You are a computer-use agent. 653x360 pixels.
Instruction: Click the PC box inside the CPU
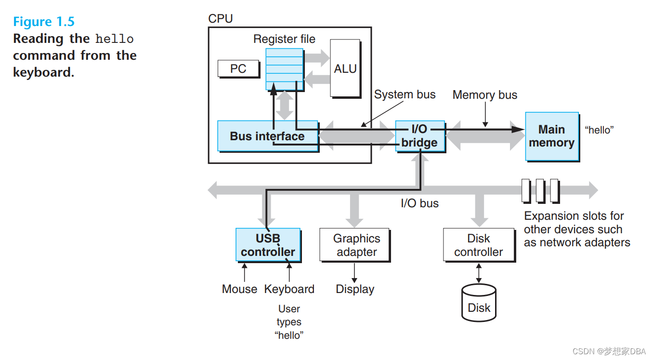pyautogui.click(x=238, y=69)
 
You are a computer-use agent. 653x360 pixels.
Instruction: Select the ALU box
pyautogui.click(x=345, y=68)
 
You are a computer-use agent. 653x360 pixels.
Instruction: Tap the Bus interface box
pyautogui.click(x=267, y=136)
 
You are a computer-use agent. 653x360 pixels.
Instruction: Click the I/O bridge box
pyautogui.click(x=419, y=136)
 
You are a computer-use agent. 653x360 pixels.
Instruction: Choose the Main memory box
pyautogui.click(x=551, y=136)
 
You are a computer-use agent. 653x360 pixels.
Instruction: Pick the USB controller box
pyautogui.click(x=268, y=245)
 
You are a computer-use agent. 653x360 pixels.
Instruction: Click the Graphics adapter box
pyautogui.click(x=356, y=245)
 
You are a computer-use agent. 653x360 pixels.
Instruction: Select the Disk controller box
pyautogui.click(x=478, y=245)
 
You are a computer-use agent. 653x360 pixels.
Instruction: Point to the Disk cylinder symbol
pyautogui.click(x=479, y=304)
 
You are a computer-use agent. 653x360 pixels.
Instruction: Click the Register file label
pyautogui.click(x=284, y=39)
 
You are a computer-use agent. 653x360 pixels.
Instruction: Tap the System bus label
pyautogui.click(x=405, y=94)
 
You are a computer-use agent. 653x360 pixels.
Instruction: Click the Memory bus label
pyautogui.click(x=484, y=95)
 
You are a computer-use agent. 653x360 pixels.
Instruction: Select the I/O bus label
pyautogui.click(x=419, y=203)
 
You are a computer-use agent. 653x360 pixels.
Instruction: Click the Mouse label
pyautogui.click(x=239, y=289)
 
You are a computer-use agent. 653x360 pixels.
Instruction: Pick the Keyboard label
pyautogui.click(x=289, y=289)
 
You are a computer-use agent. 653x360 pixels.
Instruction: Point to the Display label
pyautogui.click(x=355, y=289)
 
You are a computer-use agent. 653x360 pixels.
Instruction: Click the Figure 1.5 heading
pyautogui.click(x=44, y=22)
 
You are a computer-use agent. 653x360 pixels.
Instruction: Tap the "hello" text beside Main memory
pyautogui.click(x=599, y=130)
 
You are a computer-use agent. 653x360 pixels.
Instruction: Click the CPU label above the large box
pyautogui.click(x=220, y=19)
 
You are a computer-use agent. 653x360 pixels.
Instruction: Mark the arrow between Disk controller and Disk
pyautogui.click(x=478, y=273)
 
